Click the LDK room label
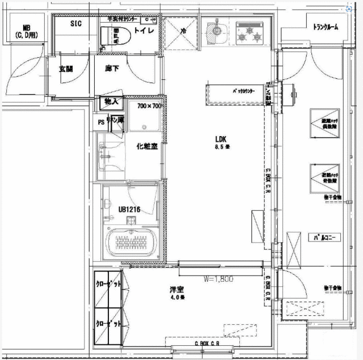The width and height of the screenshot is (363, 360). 221,139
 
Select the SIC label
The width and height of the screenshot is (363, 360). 76,24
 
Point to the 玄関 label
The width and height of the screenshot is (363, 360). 66,69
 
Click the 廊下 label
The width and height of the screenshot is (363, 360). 111,69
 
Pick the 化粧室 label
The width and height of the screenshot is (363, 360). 146,146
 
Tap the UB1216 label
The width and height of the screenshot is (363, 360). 129,209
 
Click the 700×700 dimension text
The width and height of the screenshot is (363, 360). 150,106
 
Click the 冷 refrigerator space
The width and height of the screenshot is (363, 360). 183,32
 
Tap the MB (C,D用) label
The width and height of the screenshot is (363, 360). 26,31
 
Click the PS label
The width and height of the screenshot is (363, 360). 102,121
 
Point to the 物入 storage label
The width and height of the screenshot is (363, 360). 111,102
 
